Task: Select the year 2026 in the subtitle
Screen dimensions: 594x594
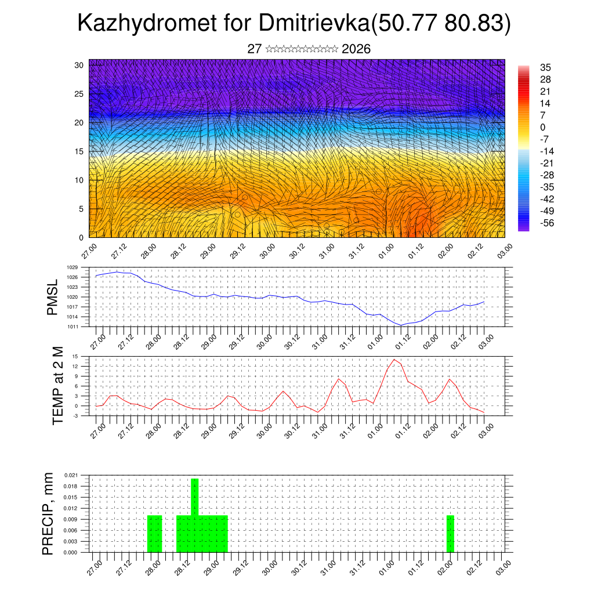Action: [356, 49]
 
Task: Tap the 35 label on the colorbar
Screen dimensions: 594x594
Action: [545, 67]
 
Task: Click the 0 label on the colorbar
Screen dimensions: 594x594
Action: [542, 128]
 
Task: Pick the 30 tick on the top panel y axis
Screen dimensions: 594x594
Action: [78, 65]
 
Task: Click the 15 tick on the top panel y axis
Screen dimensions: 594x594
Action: [78, 151]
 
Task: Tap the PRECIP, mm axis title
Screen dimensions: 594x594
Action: [49, 514]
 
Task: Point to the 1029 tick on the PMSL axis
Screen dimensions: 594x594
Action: [72, 267]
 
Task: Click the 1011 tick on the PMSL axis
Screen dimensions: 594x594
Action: [72, 327]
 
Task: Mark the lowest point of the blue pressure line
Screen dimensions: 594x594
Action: [401, 325]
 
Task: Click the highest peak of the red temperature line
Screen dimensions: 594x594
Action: [394, 360]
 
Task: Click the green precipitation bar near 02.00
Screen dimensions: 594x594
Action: [450, 534]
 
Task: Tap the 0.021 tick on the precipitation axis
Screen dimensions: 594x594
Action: [70, 475]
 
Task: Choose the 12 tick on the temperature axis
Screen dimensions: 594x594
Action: [75, 366]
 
